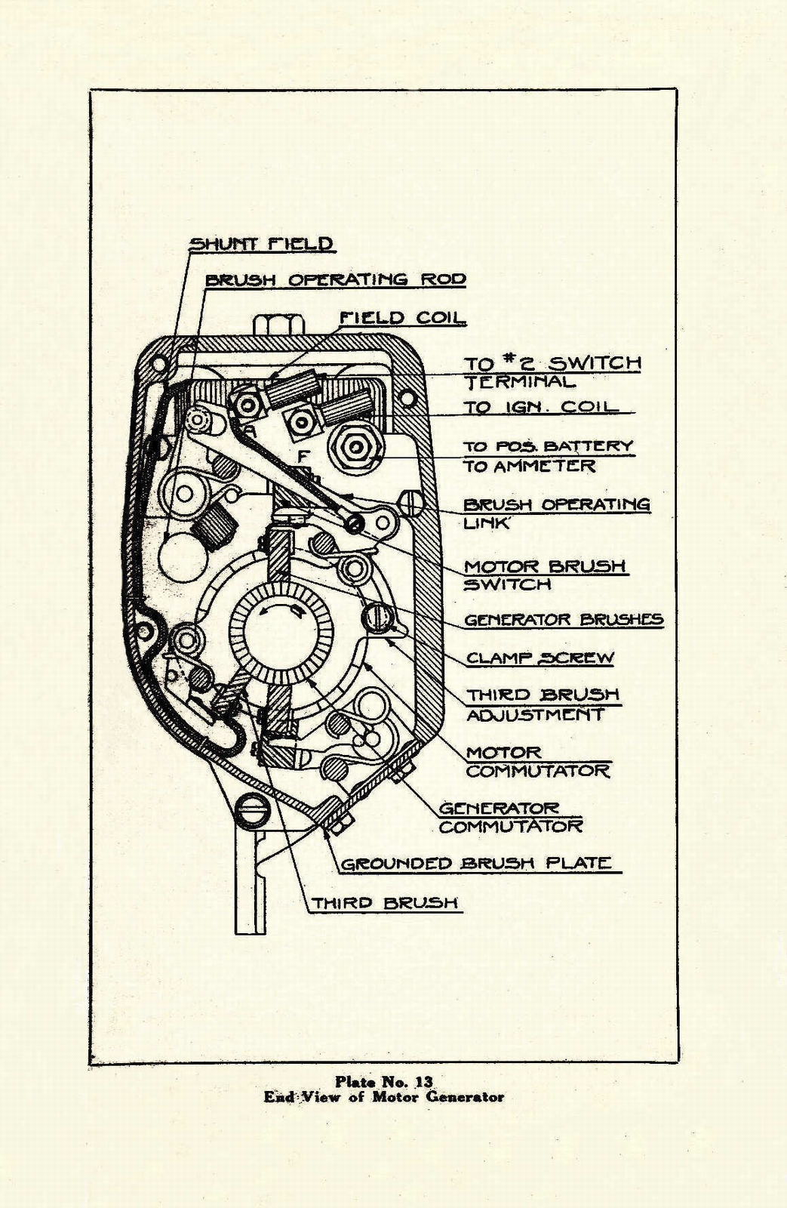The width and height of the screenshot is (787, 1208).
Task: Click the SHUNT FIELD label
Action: coord(261,244)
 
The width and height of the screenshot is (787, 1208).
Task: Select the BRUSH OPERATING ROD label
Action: coord(335,279)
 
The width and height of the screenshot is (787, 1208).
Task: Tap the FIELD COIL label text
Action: coord(401,318)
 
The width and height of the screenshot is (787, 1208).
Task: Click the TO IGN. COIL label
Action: coord(540,407)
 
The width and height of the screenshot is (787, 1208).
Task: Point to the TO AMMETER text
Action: coord(529,467)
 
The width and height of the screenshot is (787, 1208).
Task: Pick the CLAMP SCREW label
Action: coord(540,658)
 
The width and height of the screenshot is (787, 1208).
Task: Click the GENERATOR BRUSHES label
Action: coord(563,620)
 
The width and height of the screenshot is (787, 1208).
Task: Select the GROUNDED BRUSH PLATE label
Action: coord(475,864)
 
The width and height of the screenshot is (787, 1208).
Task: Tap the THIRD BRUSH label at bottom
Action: coord(385,903)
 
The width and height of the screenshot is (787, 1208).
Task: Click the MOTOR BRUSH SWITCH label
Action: coord(544,575)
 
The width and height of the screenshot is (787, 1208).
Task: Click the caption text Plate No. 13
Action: coord(384,1082)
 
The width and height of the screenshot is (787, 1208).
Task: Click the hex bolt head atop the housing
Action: coord(279,325)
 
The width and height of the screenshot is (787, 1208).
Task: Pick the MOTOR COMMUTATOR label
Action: coord(537,762)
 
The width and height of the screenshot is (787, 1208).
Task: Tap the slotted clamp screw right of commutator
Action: coord(378,618)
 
